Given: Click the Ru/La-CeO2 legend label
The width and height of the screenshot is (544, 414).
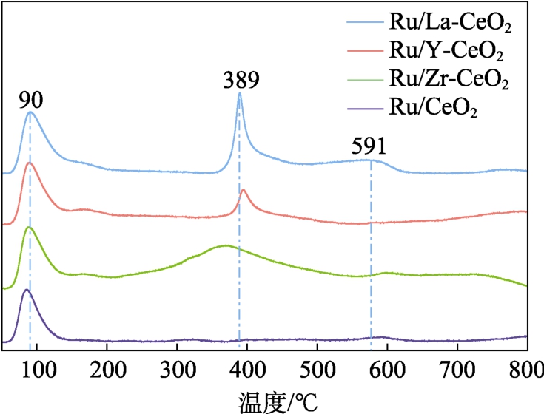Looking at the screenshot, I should tap(450, 24).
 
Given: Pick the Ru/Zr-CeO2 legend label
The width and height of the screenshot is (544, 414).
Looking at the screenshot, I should tap(449, 79).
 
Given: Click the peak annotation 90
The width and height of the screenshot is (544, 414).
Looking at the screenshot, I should tap(30, 100).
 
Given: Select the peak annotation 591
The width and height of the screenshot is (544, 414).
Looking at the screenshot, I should tap(369, 146).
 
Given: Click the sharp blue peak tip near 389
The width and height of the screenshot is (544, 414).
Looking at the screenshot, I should tap(240, 93).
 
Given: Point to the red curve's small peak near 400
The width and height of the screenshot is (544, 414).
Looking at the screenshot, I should tap(244, 191).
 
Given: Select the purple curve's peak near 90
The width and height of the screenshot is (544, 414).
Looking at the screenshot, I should tap(27, 290).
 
